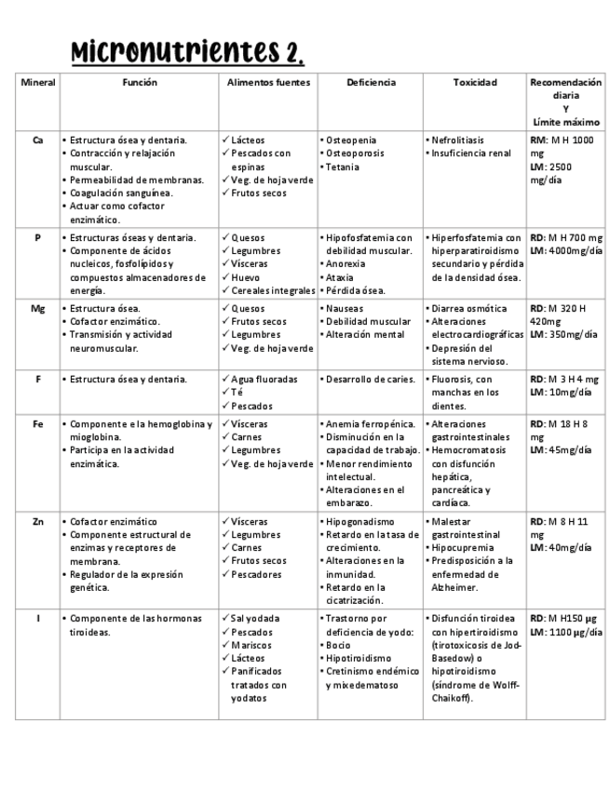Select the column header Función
[140, 83]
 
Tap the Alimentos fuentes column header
[268, 83]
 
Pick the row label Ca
[37, 140]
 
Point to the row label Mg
[37, 308]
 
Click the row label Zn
[37, 522]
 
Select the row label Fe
[37, 424]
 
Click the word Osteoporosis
[356, 154]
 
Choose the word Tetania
[346, 167]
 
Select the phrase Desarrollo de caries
[368, 380]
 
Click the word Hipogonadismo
[359, 522]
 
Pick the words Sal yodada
[257, 619]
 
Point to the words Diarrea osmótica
[469, 308]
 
